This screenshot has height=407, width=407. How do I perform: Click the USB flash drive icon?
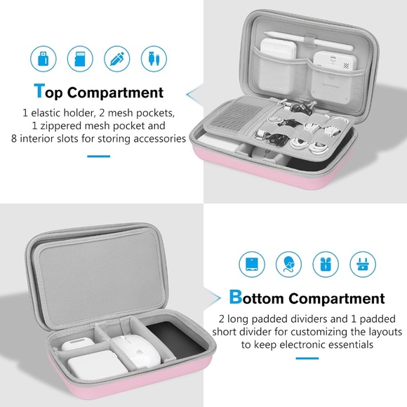41,58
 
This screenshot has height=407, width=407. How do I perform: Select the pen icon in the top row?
114,58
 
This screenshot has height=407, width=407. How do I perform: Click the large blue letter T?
41,91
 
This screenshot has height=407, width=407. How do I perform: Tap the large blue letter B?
236,298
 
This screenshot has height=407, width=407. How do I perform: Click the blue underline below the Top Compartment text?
98,155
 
